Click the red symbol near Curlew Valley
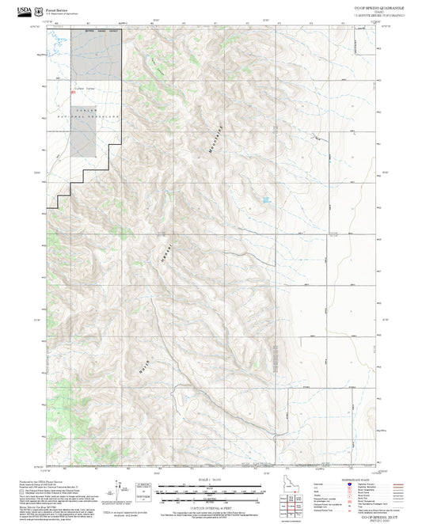click(74, 93)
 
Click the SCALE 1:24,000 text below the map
click(211, 479)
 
